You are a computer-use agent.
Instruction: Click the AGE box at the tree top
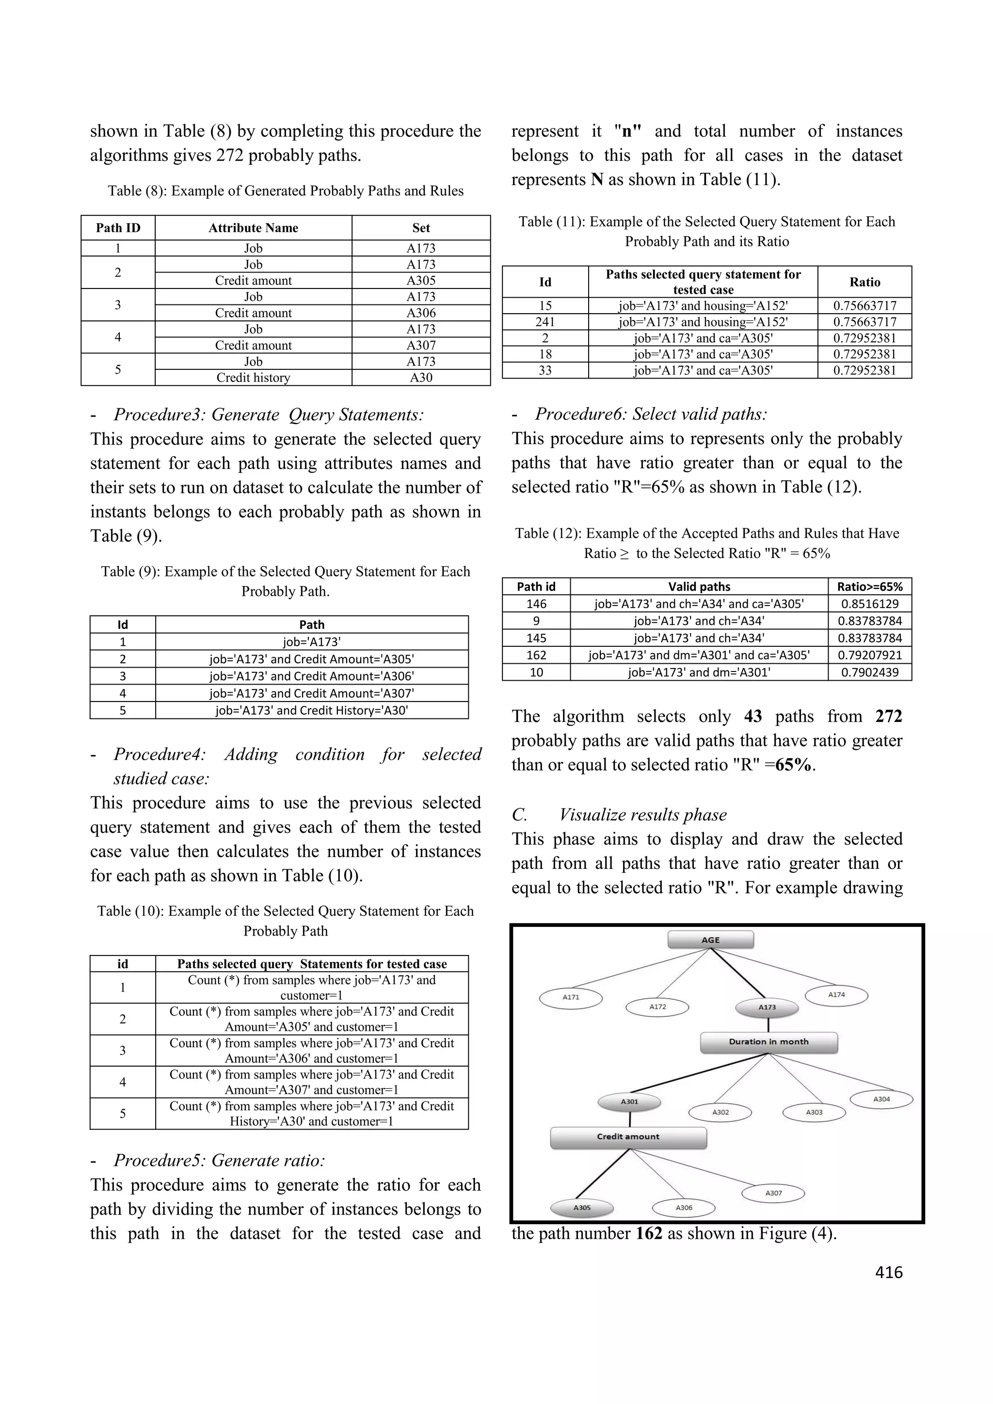pyautogui.click(x=710, y=940)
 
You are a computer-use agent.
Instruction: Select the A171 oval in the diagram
pyautogui.click(x=571, y=997)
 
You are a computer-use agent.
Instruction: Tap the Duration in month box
pyautogui.click(x=768, y=1042)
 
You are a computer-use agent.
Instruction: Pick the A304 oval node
pyautogui.click(x=881, y=1099)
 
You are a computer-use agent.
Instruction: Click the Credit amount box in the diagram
pyautogui.click(x=628, y=1137)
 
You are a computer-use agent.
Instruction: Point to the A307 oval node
pyautogui.click(x=773, y=1193)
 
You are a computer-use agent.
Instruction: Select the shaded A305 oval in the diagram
pyautogui.click(x=581, y=1208)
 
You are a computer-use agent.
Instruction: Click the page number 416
pyautogui.click(x=888, y=1273)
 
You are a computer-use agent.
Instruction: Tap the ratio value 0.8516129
pyautogui.click(x=869, y=604)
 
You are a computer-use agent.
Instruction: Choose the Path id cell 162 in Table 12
pyautogui.click(x=536, y=655)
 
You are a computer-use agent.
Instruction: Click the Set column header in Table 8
pyautogui.click(x=421, y=228)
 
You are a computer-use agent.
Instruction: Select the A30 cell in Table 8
pyautogui.click(x=421, y=377)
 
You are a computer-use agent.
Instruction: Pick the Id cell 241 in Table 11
pyautogui.click(x=545, y=321)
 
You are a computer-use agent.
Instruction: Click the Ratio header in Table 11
pyautogui.click(x=864, y=282)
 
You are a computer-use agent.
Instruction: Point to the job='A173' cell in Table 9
pyautogui.click(x=311, y=641)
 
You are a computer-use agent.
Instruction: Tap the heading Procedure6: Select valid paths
pyautogui.click(x=651, y=414)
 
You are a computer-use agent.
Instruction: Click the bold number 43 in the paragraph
pyautogui.click(x=753, y=716)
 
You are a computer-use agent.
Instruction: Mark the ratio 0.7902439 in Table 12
pyautogui.click(x=869, y=672)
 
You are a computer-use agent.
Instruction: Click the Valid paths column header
pyautogui.click(x=699, y=587)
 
